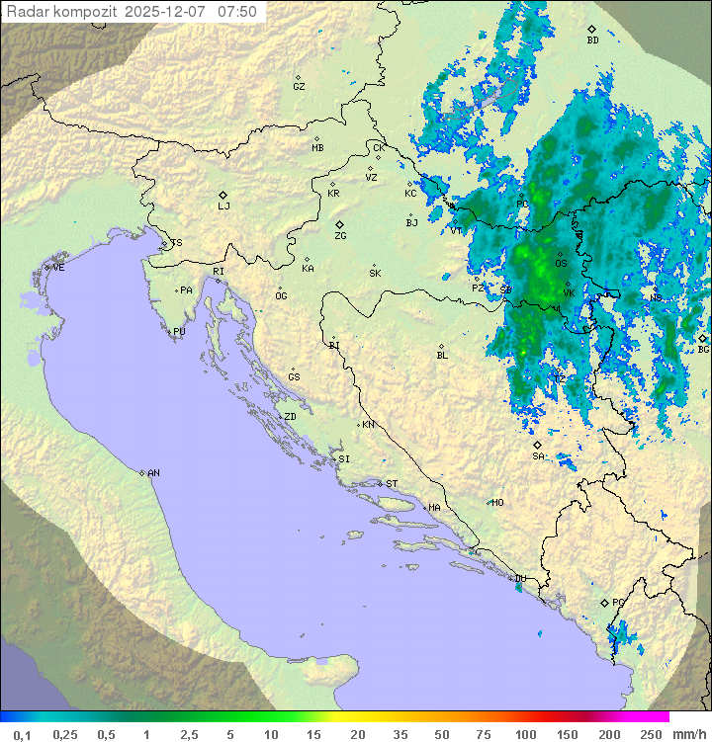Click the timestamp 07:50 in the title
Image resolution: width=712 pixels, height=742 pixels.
click(237, 12)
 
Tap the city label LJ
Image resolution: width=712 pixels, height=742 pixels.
click(223, 206)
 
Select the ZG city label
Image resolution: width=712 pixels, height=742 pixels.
click(340, 236)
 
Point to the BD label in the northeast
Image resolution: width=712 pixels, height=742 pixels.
click(592, 41)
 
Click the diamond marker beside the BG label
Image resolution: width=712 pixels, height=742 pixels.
click(702, 338)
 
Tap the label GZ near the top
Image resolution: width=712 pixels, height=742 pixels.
click(299, 87)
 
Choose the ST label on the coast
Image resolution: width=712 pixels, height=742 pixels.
click(392, 484)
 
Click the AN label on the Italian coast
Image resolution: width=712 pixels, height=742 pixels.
click(153, 473)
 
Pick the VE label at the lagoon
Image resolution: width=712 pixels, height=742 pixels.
click(58, 267)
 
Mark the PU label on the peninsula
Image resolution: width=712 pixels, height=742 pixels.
click(179, 332)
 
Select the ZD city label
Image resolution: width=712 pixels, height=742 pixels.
click(290, 417)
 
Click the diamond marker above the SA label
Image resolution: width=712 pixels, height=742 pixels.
click(537, 445)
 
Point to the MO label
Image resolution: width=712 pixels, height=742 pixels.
click(497, 503)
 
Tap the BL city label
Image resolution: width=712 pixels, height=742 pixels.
click(442, 356)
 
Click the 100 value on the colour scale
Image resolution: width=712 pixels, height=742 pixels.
click(525, 734)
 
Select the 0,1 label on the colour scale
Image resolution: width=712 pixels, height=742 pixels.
click(22, 734)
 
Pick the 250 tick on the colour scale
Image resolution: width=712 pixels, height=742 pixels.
click(651, 734)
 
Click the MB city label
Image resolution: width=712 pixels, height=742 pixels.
click(317, 148)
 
